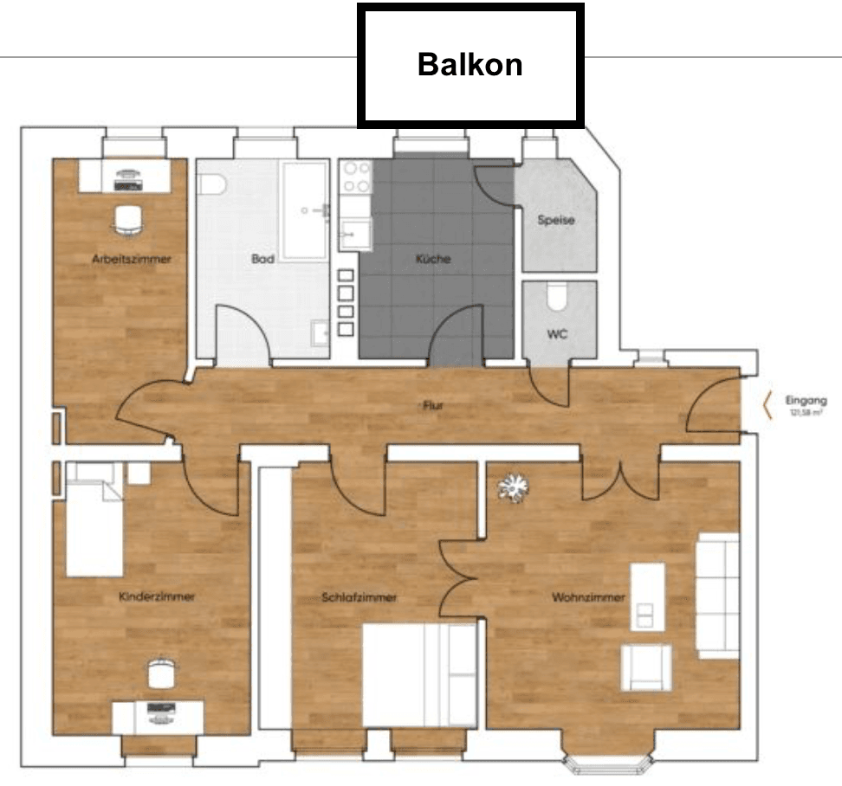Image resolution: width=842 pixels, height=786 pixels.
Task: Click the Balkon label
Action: point(470,65)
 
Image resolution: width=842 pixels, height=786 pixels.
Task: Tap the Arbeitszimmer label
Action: point(132,259)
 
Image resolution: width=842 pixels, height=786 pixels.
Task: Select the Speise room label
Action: point(556,220)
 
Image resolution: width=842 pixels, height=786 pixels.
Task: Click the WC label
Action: point(558,334)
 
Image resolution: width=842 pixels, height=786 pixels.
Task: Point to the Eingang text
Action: point(801,401)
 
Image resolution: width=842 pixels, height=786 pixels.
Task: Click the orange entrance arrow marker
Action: point(767,405)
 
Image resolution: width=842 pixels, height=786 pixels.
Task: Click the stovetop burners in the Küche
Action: point(356,178)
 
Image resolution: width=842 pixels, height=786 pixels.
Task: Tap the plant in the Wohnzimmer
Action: point(512,488)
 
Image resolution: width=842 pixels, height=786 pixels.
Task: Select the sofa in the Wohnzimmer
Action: point(718,596)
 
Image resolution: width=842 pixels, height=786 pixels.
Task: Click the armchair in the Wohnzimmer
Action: point(646,667)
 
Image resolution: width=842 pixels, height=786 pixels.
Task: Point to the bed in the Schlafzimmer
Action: point(419,676)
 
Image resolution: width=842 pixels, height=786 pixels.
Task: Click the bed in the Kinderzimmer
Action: point(94,519)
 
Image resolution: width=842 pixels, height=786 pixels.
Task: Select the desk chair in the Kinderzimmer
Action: point(160,673)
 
